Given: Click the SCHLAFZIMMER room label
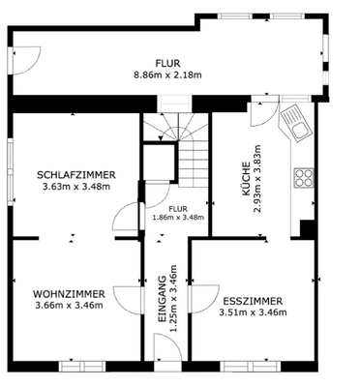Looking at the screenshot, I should [76, 174].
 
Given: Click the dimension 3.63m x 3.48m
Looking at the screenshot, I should [76, 187].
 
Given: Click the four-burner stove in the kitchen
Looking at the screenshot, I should [303, 178].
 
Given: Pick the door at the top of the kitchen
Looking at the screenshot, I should [263, 114].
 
